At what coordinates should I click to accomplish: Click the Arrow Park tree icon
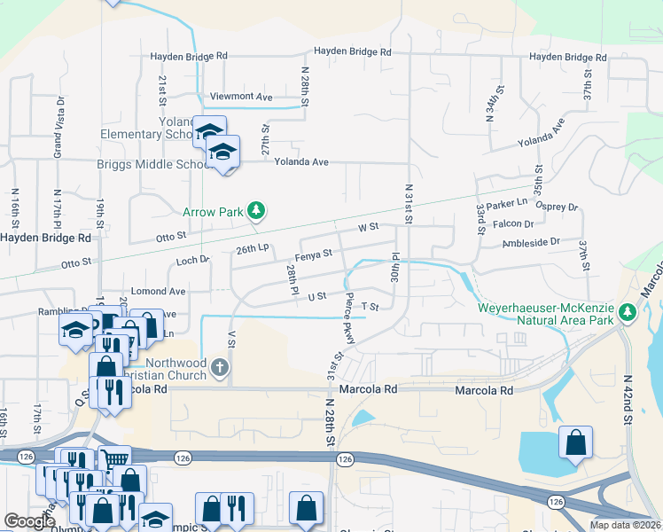pyautogui.click(x=256, y=210)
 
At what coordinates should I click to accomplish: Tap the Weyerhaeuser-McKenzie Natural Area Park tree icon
pyautogui.click(x=628, y=311)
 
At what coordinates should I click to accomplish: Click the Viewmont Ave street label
pyautogui.click(x=240, y=96)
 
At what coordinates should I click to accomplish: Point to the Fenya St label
pyautogui.click(x=314, y=254)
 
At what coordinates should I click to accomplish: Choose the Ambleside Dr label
pyautogui.click(x=531, y=241)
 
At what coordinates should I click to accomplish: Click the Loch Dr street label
pyautogui.click(x=191, y=260)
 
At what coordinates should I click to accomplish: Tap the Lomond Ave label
pyautogui.click(x=158, y=291)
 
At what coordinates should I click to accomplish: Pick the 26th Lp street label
pyautogui.click(x=252, y=250)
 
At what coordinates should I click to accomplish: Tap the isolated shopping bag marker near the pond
pyautogui.click(x=575, y=442)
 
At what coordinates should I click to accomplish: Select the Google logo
pyautogui.click(x=29, y=521)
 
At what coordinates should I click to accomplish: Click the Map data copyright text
pyautogui.click(x=626, y=525)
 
